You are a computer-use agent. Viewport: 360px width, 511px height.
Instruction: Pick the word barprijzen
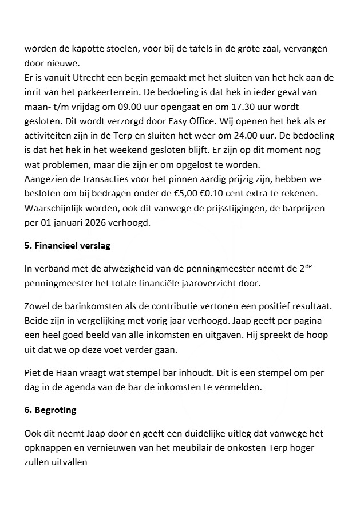[319, 209]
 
